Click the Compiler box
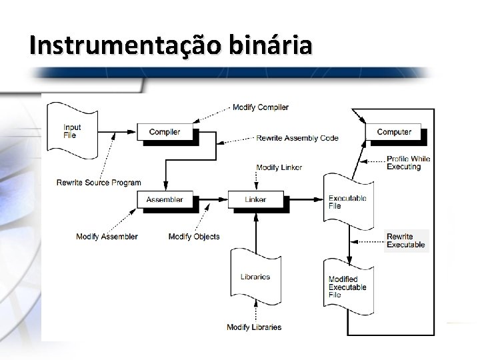point(164,132)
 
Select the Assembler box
point(164,199)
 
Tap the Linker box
point(255,199)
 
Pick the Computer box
point(393,132)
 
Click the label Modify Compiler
point(260,107)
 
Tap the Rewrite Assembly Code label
point(297,138)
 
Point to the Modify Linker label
point(279,167)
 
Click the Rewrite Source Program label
point(99,183)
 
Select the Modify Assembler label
point(107,237)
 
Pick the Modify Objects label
point(194,237)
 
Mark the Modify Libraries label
point(254,327)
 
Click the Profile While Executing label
point(408,163)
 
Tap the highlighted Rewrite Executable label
point(406,241)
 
